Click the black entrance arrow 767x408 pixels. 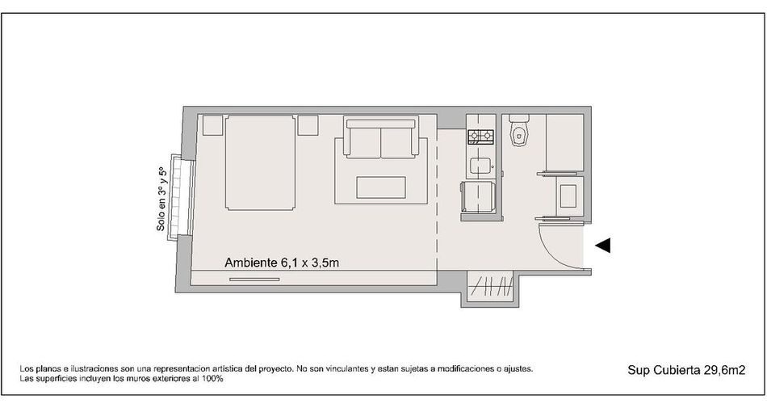(x=602, y=246)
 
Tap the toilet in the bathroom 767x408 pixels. (x=519, y=129)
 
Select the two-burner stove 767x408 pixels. (x=481, y=137)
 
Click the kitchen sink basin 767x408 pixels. (x=480, y=166)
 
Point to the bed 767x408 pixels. (x=261, y=163)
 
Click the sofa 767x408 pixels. (x=380, y=137)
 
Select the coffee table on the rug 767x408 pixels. (x=381, y=187)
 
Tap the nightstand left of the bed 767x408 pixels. (x=213, y=125)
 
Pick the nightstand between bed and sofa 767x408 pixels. (x=308, y=125)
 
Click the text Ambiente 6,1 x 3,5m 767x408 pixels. (x=282, y=263)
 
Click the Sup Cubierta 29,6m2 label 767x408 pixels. (x=686, y=370)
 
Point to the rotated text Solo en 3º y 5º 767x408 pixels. (x=161, y=200)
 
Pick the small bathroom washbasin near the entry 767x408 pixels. (x=568, y=196)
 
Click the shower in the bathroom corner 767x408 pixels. (x=564, y=142)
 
